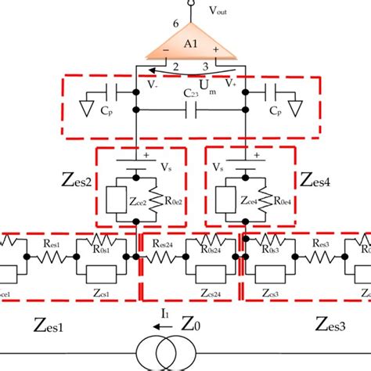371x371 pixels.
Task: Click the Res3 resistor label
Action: (323, 243)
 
